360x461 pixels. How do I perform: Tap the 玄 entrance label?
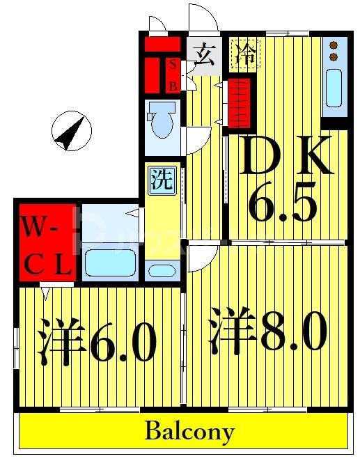click(204, 54)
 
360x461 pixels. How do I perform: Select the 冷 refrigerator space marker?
click(244, 54)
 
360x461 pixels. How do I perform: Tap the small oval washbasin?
click(162, 270)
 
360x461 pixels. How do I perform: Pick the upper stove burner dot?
click(334, 46)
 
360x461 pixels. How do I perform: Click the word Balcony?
click(189, 431)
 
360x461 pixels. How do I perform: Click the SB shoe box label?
click(174, 75)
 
